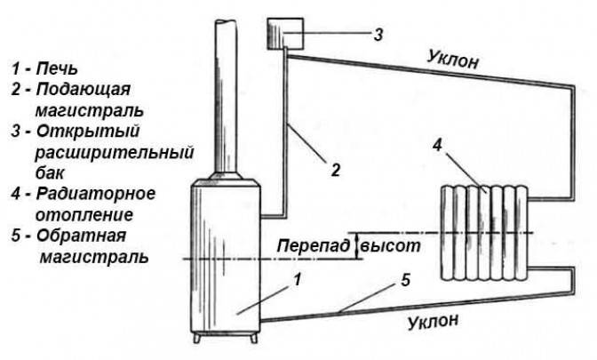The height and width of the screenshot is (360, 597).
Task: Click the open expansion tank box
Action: (x=284, y=35)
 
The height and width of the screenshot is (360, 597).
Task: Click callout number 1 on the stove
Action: (x=298, y=277)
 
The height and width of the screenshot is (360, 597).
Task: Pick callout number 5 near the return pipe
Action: (x=404, y=282)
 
